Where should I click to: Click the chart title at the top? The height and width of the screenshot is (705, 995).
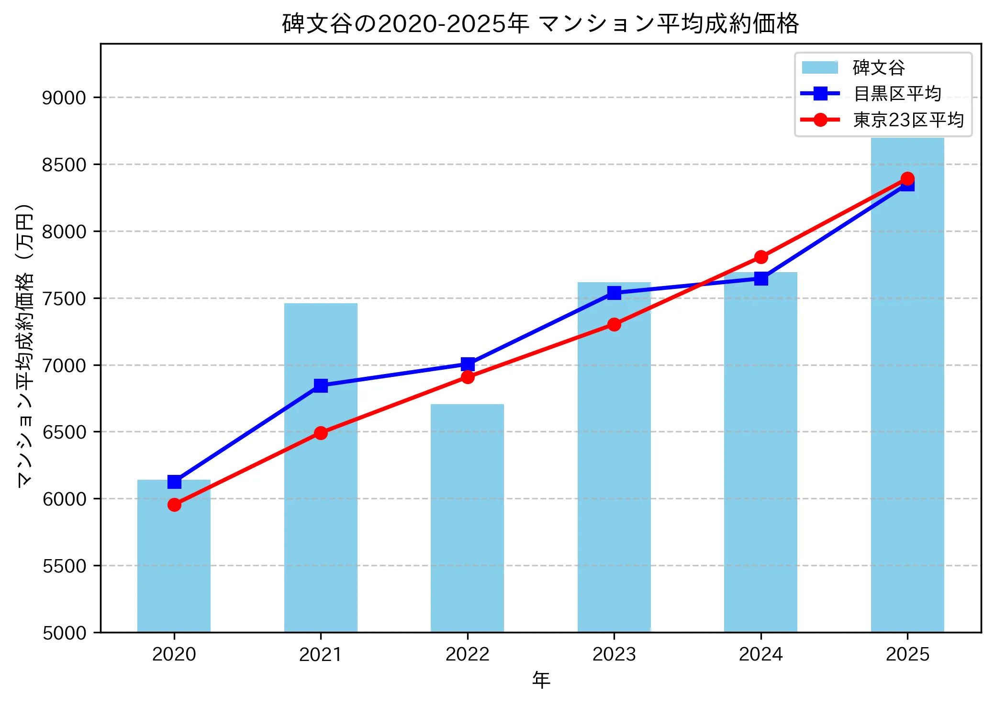(x=540, y=24)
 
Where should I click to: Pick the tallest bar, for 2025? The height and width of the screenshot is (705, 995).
(x=907, y=407)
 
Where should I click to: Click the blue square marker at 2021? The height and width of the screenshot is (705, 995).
(x=321, y=386)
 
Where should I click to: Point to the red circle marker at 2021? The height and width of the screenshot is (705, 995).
(x=321, y=433)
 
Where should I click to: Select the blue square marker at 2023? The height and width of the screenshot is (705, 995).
(x=614, y=293)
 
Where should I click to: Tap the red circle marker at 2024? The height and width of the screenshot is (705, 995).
(x=761, y=257)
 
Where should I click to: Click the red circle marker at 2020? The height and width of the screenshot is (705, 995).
(x=174, y=505)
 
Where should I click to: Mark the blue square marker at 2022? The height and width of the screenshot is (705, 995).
(x=468, y=364)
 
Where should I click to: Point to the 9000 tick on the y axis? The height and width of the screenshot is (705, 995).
(x=64, y=98)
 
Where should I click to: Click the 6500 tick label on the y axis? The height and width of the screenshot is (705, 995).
(x=64, y=432)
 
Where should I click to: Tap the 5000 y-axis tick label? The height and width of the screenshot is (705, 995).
(x=64, y=633)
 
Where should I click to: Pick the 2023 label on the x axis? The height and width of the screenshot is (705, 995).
(x=614, y=654)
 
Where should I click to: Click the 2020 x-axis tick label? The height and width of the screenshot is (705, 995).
(x=174, y=654)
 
